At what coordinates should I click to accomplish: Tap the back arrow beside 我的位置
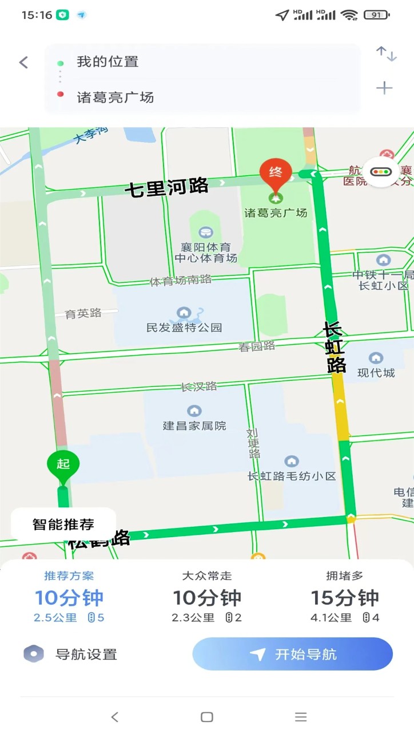tap(23, 62)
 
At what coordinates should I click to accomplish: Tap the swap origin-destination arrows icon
tap(386, 54)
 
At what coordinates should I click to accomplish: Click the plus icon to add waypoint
tap(384, 88)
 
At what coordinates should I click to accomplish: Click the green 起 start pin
tap(63, 466)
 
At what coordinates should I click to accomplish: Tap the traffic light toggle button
tap(383, 172)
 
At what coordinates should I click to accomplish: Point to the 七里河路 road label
tap(166, 187)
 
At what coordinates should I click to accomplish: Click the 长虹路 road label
tap(334, 347)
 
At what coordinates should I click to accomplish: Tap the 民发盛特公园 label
tap(184, 328)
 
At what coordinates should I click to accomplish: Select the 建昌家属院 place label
tap(194, 425)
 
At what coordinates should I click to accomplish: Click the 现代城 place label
tap(376, 372)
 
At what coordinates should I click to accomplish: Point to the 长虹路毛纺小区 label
tap(292, 475)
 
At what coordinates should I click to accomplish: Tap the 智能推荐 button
tap(63, 524)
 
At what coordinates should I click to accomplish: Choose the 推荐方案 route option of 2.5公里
tap(69, 597)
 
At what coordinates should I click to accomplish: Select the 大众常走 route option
tap(207, 597)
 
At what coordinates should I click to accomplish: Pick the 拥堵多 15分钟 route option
tap(345, 597)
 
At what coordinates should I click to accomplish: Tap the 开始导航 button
tap(292, 654)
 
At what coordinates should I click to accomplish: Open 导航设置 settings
tap(71, 654)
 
